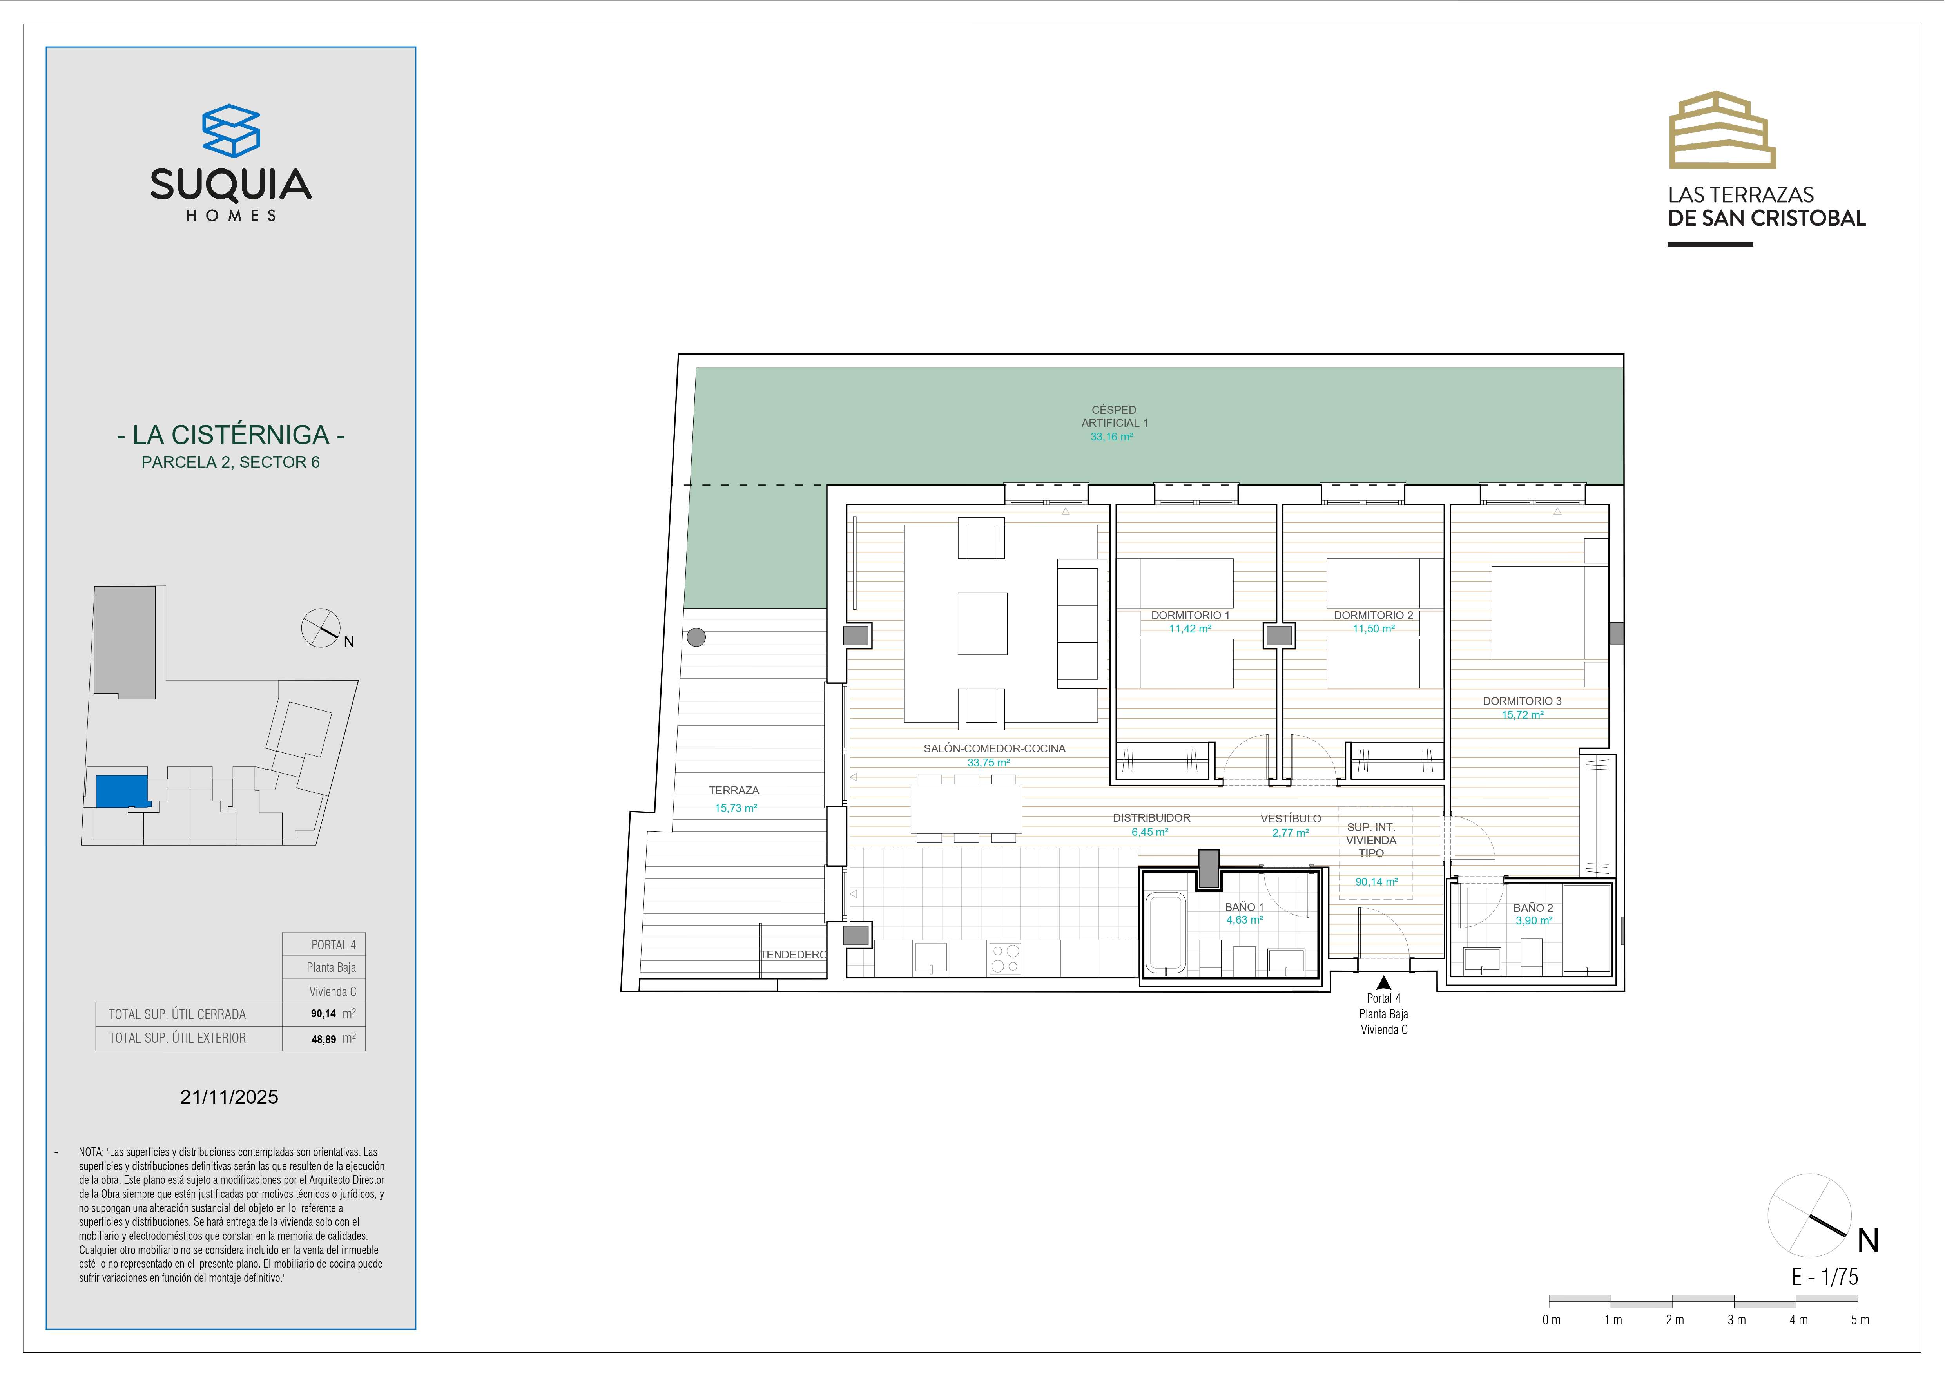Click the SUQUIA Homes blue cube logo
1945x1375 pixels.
click(230, 130)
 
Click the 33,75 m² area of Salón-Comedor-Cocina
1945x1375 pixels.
click(989, 763)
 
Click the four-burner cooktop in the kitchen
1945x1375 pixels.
click(1006, 958)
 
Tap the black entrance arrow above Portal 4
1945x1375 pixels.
click(1383, 983)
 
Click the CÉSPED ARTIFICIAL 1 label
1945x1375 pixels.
click(1114, 416)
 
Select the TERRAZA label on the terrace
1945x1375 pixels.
click(734, 790)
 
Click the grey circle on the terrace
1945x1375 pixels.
click(696, 636)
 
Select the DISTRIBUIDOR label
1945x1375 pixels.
click(1151, 817)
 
